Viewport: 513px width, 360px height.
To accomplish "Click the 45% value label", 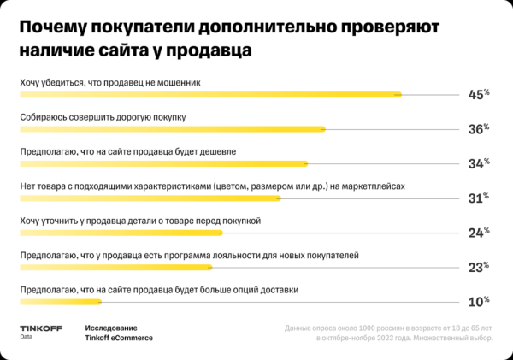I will [478, 94].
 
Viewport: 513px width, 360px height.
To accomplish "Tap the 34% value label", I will [478, 163].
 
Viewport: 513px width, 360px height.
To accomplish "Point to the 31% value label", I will [478, 198].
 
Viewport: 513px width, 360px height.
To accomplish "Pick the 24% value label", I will [478, 232].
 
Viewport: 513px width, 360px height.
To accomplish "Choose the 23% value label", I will [478, 267].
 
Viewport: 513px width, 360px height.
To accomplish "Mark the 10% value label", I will [478, 301].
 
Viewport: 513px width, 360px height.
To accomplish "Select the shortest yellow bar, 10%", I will [61, 301].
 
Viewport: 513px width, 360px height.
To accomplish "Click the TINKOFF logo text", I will [38, 328].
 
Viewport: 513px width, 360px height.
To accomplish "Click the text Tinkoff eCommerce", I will [119, 338].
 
